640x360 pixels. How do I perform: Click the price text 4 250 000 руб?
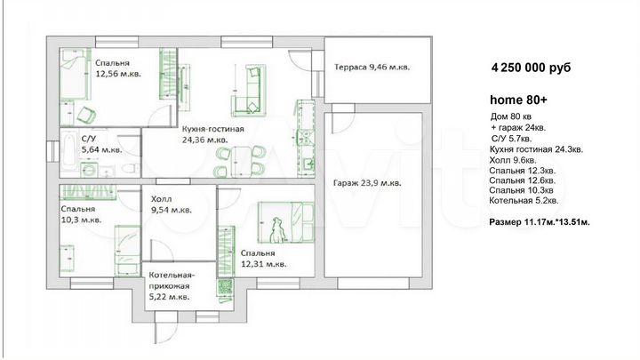pyautogui.click(x=531, y=68)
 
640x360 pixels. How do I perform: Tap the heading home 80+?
pyautogui.click(x=518, y=100)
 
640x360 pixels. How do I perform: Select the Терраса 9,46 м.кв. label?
pyautogui.click(x=372, y=67)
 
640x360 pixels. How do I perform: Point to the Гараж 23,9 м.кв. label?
pyautogui.click(x=367, y=183)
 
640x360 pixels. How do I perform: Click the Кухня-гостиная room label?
pyautogui.click(x=213, y=134)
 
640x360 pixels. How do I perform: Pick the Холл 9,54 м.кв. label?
pyautogui.click(x=171, y=204)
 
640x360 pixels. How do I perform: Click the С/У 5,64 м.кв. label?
pyautogui.click(x=101, y=144)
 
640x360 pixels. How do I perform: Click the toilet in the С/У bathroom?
pyautogui.click(x=131, y=168)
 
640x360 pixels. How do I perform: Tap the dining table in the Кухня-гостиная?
pyautogui.click(x=241, y=161)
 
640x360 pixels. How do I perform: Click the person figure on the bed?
pyautogui.click(x=277, y=229)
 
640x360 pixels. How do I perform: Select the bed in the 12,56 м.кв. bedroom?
pyautogui.click(x=75, y=75)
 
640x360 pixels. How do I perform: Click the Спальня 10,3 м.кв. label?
pyautogui.click(x=81, y=214)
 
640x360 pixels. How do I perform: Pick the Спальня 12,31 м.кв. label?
pyautogui.click(x=263, y=259)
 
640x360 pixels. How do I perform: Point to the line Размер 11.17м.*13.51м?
pyautogui.click(x=540, y=222)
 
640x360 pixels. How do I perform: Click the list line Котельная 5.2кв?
pyautogui.click(x=524, y=201)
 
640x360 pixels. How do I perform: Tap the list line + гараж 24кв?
pyautogui.click(x=518, y=128)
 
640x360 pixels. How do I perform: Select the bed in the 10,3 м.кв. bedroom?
pyautogui.click(x=127, y=250)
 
